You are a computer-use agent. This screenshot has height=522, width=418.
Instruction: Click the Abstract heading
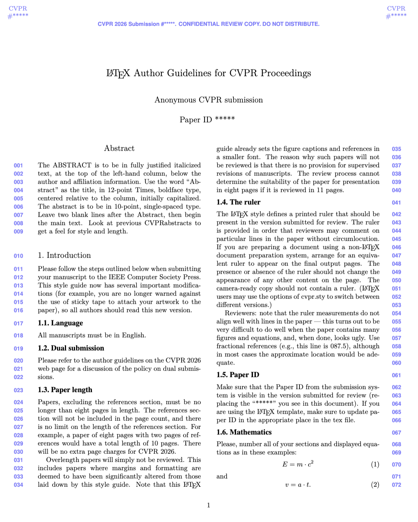click(x=119, y=148)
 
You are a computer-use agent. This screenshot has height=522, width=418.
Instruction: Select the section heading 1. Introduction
click(x=64, y=255)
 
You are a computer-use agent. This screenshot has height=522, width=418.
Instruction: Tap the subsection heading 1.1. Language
click(x=60, y=323)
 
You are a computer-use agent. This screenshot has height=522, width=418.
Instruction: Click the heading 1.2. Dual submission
click(x=71, y=348)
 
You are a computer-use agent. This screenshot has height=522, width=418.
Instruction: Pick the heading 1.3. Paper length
click(x=65, y=390)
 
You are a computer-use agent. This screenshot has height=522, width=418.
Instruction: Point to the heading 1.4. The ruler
click(x=238, y=202)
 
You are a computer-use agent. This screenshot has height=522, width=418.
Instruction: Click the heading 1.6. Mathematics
click(x=244, y=432)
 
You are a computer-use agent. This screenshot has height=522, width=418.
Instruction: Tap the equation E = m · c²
click(x=298, y=464)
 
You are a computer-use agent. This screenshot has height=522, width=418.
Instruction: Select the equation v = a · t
click(x=298, y=485)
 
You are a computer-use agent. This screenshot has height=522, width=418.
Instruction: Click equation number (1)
click(x=375, y=465)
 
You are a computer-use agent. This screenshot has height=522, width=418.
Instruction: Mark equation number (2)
click(x=375, y=485)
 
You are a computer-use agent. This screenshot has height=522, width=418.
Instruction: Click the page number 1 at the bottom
click(x=209, y=505)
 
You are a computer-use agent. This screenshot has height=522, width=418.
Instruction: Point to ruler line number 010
click(x=18, y=256)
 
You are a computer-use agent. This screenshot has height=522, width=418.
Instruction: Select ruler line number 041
click(x=396, y=203)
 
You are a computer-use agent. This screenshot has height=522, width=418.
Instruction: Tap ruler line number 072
click(x=396, y=485)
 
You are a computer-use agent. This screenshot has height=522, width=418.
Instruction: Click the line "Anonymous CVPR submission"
click(x=209, y=100)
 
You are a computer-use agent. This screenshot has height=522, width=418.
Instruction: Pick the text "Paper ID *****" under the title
click(x=207, y=120)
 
